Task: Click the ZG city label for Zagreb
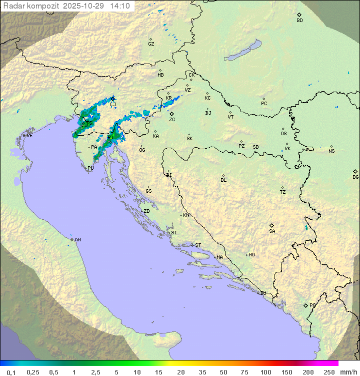(172, 120)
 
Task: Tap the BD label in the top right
(299, 21)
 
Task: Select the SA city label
(272, 231)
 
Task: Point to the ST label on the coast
(198, 245)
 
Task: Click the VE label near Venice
(29, 136)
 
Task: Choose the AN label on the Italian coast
(77, 240)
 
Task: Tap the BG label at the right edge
(355, 177)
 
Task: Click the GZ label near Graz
(151, 44)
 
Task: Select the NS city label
(331, 151)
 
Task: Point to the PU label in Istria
(90, 168)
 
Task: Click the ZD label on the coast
(146, 211)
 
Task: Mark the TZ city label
(283, 192)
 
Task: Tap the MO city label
(251, 255)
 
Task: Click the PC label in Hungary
(264, 104)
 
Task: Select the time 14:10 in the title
(119, 6)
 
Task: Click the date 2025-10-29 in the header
(84, 6)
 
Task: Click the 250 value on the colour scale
(329, 372)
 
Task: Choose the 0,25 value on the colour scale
(33, 372)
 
